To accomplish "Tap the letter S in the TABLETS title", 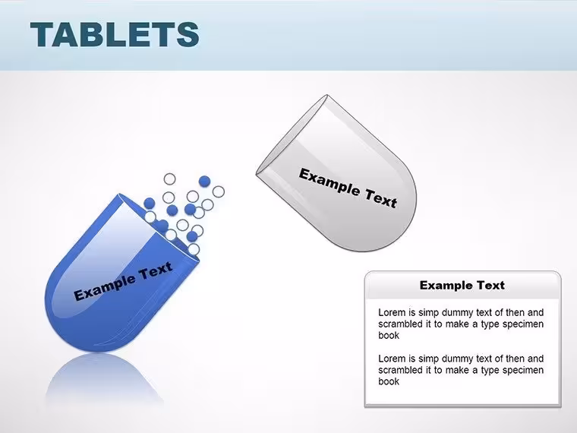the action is (x=188, y=34).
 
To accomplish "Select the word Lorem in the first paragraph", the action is (x=392, y=313).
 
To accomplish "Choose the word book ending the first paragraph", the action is (x=389, y=336).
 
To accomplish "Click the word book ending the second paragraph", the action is (x=389, y=381).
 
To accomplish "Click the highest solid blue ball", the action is (x=204, y=181).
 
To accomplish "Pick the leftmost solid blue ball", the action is (x=150, y=204).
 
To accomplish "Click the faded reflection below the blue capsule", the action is (x=103, y=379).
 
